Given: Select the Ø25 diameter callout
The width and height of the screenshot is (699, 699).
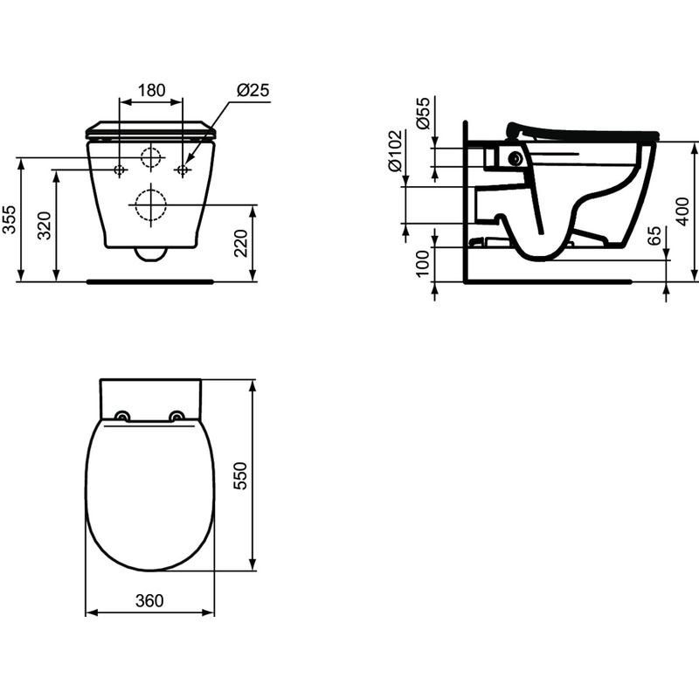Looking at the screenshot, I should coord(253,90).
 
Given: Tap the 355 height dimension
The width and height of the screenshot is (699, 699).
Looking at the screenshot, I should coord(9,219).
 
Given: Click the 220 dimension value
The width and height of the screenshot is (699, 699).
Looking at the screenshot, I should coord(243,243).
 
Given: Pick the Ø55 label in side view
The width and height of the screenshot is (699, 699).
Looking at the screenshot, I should coord(424,114).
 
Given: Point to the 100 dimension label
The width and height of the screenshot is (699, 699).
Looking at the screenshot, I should coord(424,262).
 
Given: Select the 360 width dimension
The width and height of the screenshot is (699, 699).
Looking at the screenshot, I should coord(149,601).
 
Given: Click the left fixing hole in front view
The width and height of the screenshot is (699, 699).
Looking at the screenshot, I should coord(120,169).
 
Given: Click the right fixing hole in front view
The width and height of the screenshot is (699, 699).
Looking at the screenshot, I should coord(183,169).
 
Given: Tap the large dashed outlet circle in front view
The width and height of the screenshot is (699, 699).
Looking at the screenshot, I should coord(150,204).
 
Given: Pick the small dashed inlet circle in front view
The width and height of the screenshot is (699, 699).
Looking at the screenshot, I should coord(151,158).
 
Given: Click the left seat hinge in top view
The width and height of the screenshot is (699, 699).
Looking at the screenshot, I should coord(123,416).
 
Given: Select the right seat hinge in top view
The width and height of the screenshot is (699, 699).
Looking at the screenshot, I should coord(178,416).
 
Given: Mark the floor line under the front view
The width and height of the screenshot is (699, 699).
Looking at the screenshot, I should coord(150,281).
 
